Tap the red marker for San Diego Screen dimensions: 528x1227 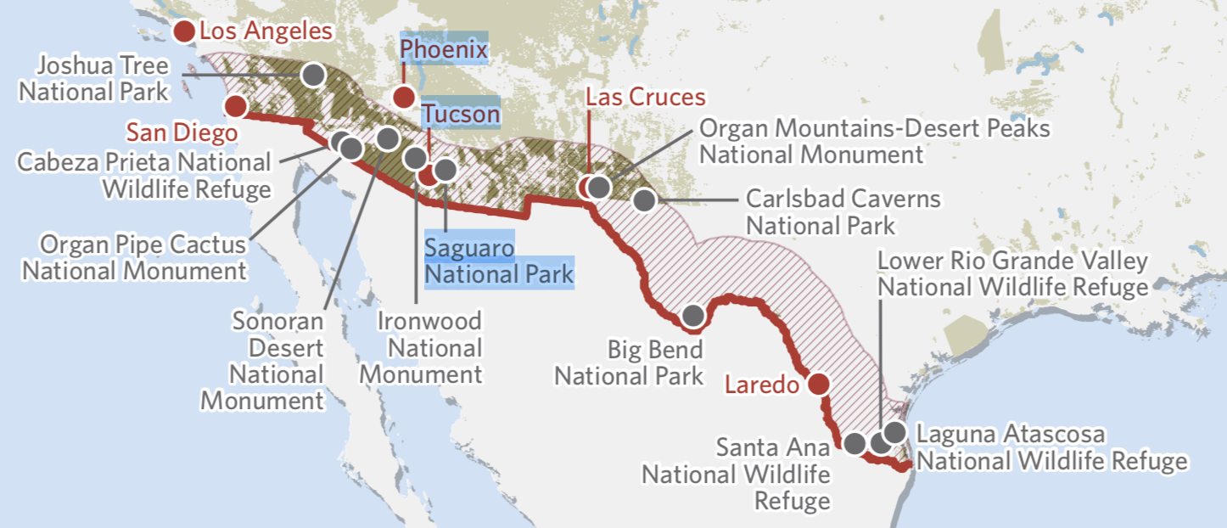[235, 106]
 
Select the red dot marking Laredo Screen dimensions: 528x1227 [818, 384]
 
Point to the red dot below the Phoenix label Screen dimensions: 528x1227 [404, 97]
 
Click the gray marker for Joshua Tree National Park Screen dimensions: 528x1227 [313, 74]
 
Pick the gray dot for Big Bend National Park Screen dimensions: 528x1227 [692, 315]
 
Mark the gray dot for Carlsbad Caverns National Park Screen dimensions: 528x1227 [644, 201]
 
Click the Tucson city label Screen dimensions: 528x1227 [462, 113]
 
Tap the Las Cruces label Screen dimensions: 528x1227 [646, 98]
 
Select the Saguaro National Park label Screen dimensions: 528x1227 [499, 261]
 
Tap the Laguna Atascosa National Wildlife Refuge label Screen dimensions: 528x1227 [1052, 448]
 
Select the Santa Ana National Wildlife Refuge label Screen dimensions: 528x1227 [737, 474]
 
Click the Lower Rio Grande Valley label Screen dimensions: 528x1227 [1012, 274]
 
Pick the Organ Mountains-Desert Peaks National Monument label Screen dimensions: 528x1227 [874, 142]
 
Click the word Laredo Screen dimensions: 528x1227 [761, 385]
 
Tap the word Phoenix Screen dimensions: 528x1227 [444, 50]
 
